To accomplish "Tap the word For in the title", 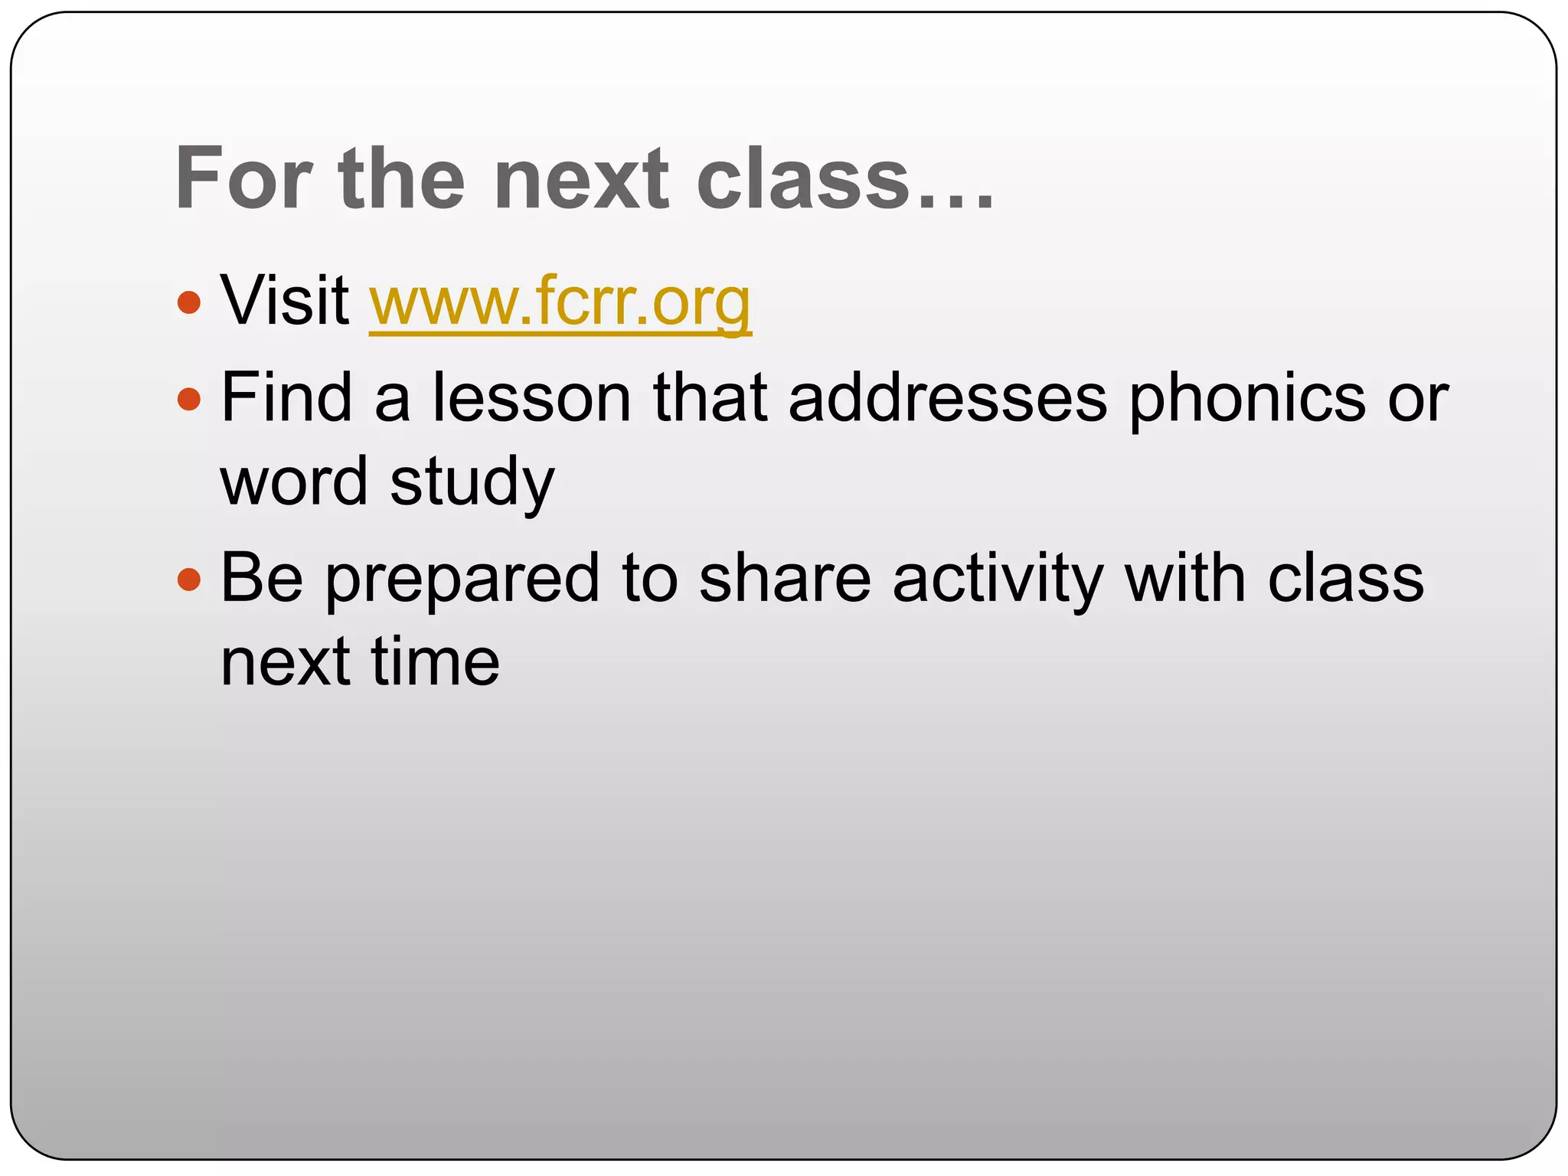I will point(243,179).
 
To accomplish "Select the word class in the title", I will point(803,179).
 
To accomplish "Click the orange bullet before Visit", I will point(188,302).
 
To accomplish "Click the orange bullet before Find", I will point(188,399).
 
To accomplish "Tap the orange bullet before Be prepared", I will point(188,580).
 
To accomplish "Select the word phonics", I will point(1247,398).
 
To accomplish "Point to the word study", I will point(472,482).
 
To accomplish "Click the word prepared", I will point(462,580).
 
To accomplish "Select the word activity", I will point(998,580).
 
